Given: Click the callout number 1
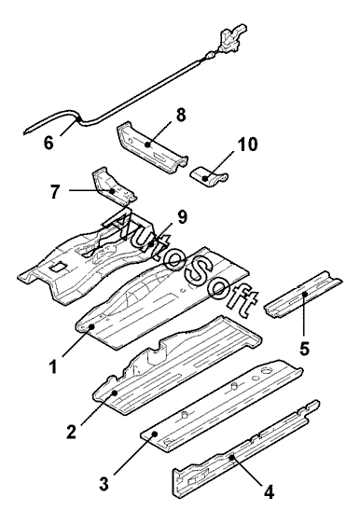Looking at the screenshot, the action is click(x=53, y=366).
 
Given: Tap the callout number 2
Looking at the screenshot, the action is click(x=71, y=431).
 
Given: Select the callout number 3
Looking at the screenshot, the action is click(x=104, y=483).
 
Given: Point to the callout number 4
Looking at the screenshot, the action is click(x=270, y=491).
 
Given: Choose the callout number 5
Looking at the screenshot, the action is click(x=305, y=348).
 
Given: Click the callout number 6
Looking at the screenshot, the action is click(x=48, y=143).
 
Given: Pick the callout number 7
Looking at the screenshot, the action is click(x=56, y=191).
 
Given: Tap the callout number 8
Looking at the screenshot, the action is click(x=181, y=115).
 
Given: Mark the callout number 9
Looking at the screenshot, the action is click(x=182, y=217).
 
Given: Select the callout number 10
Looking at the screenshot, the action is click(x=248, y=144).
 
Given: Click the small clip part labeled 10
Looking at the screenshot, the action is click(x=210, y=176).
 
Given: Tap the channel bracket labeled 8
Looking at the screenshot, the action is click(x=152, y=148).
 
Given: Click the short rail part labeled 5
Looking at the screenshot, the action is click(x=303, y=294).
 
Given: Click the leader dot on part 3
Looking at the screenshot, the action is click(x=155, y=434).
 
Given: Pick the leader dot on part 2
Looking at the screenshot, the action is click(x=115, y=393).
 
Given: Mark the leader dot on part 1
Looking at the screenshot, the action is click(x=91, y=327).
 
